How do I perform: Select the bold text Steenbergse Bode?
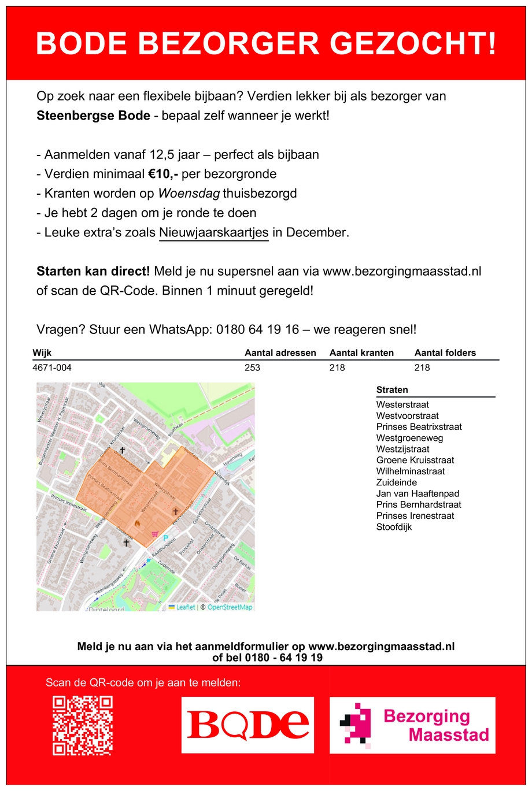pos(93,116)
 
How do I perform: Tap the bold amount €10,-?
pos(163,174)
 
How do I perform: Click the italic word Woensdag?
pos(189,194)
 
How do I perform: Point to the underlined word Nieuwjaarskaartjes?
pos(213,233)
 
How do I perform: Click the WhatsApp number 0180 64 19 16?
pos(257,330)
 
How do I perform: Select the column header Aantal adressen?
pos(280,353)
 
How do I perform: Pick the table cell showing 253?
pos(252,368)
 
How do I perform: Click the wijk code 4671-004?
pos(52,368)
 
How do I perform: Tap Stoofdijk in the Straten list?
pos(394,528)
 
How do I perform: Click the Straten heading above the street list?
pos(392,390)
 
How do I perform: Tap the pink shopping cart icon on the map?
pos(154,534)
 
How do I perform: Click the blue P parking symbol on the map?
pos(165,539)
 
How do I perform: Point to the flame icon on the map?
pos(138,523)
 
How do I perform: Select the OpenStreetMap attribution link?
pos(230,607)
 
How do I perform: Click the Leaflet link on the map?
pos(185,607)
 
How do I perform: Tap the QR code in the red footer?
pos(83,726)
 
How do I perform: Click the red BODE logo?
pos(247,725)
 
